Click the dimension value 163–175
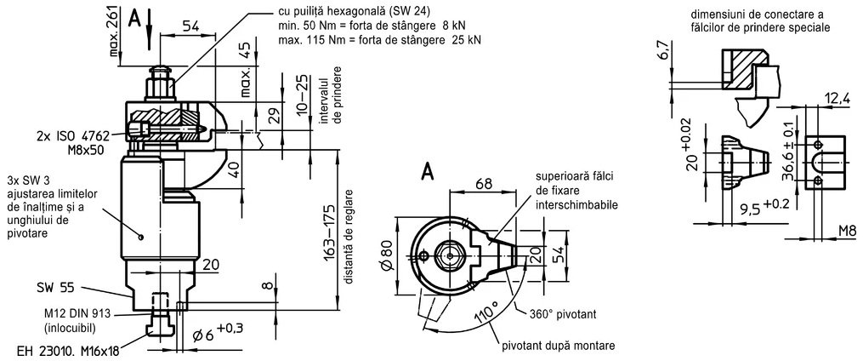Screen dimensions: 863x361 [329, 233]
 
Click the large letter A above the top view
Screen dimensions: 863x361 [427, 173]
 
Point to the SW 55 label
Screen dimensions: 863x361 [55, 288]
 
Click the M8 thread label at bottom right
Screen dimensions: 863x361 [849, 229]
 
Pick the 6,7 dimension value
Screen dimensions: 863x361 [665, 51]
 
